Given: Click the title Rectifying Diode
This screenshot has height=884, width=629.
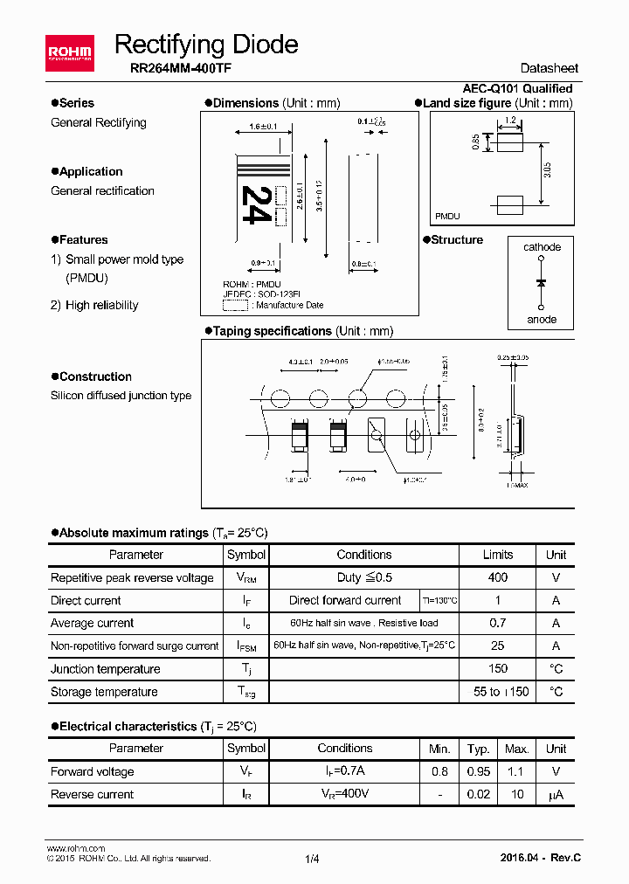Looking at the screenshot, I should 206,45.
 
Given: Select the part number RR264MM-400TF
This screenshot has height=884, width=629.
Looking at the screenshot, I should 174,68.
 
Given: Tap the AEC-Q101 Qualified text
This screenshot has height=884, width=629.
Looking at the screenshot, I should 517,88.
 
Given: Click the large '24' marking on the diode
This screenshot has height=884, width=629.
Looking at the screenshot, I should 254,204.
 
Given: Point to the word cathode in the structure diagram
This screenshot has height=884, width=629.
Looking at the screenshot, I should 542,247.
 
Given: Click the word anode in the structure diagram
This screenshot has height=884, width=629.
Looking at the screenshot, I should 542,319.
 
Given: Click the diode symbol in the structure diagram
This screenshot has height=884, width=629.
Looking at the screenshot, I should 542,283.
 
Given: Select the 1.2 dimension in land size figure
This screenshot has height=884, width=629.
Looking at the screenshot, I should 510,119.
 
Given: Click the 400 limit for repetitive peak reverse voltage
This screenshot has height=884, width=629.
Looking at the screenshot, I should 498,577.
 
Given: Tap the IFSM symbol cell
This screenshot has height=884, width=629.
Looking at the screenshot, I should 246,646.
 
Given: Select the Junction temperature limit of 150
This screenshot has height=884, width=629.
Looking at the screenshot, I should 498,669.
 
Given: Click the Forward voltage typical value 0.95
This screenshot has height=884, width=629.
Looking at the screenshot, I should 478,771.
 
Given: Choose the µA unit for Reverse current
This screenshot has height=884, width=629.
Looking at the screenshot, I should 556,794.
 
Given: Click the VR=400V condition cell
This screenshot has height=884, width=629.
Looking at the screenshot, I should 344,794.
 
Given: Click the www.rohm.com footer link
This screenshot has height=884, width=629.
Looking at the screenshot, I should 75,848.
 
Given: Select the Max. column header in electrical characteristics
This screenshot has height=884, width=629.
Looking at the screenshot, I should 517,749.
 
